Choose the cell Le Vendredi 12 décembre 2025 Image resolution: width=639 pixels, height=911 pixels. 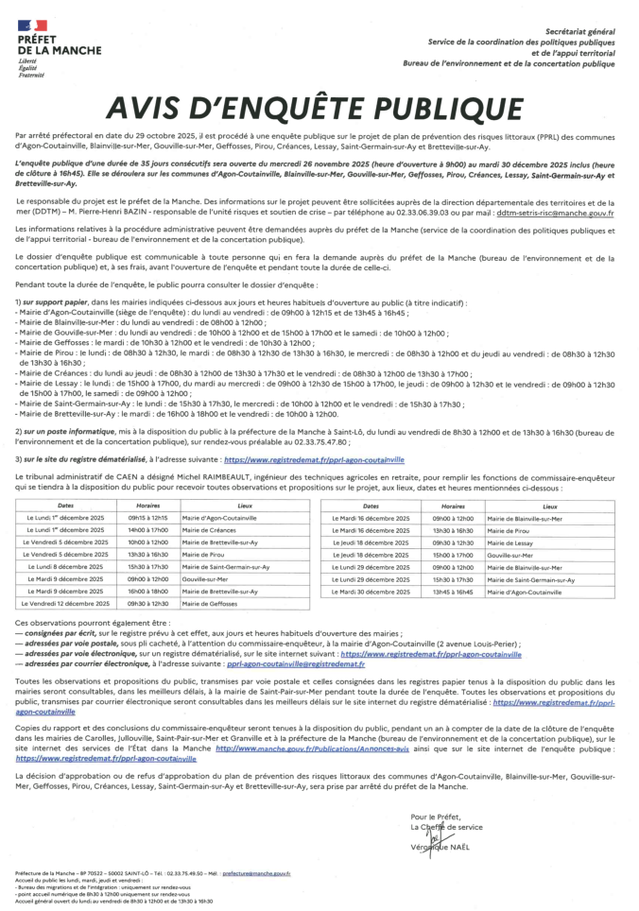68,603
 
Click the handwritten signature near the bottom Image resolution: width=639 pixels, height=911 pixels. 436,838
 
